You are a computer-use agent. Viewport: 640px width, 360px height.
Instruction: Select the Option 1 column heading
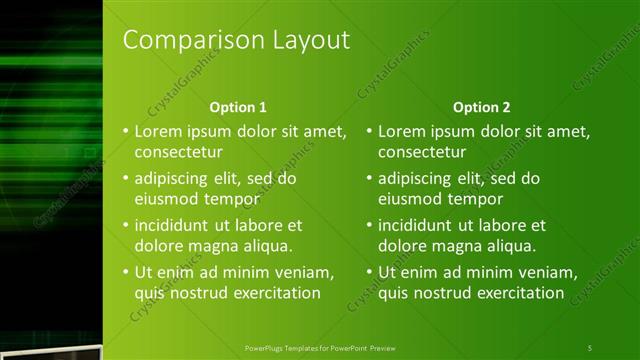(238, 107)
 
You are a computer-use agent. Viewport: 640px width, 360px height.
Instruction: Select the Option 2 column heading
(481, 107)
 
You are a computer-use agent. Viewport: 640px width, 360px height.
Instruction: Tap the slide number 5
(590, 347)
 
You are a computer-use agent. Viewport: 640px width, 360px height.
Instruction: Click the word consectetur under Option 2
(421, 152)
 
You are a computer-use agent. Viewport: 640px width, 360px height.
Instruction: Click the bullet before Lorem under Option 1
(125, 131)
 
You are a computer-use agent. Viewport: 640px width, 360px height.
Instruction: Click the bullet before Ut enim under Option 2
(369, 272)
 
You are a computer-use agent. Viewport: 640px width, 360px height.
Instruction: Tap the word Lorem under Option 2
(401, 131)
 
